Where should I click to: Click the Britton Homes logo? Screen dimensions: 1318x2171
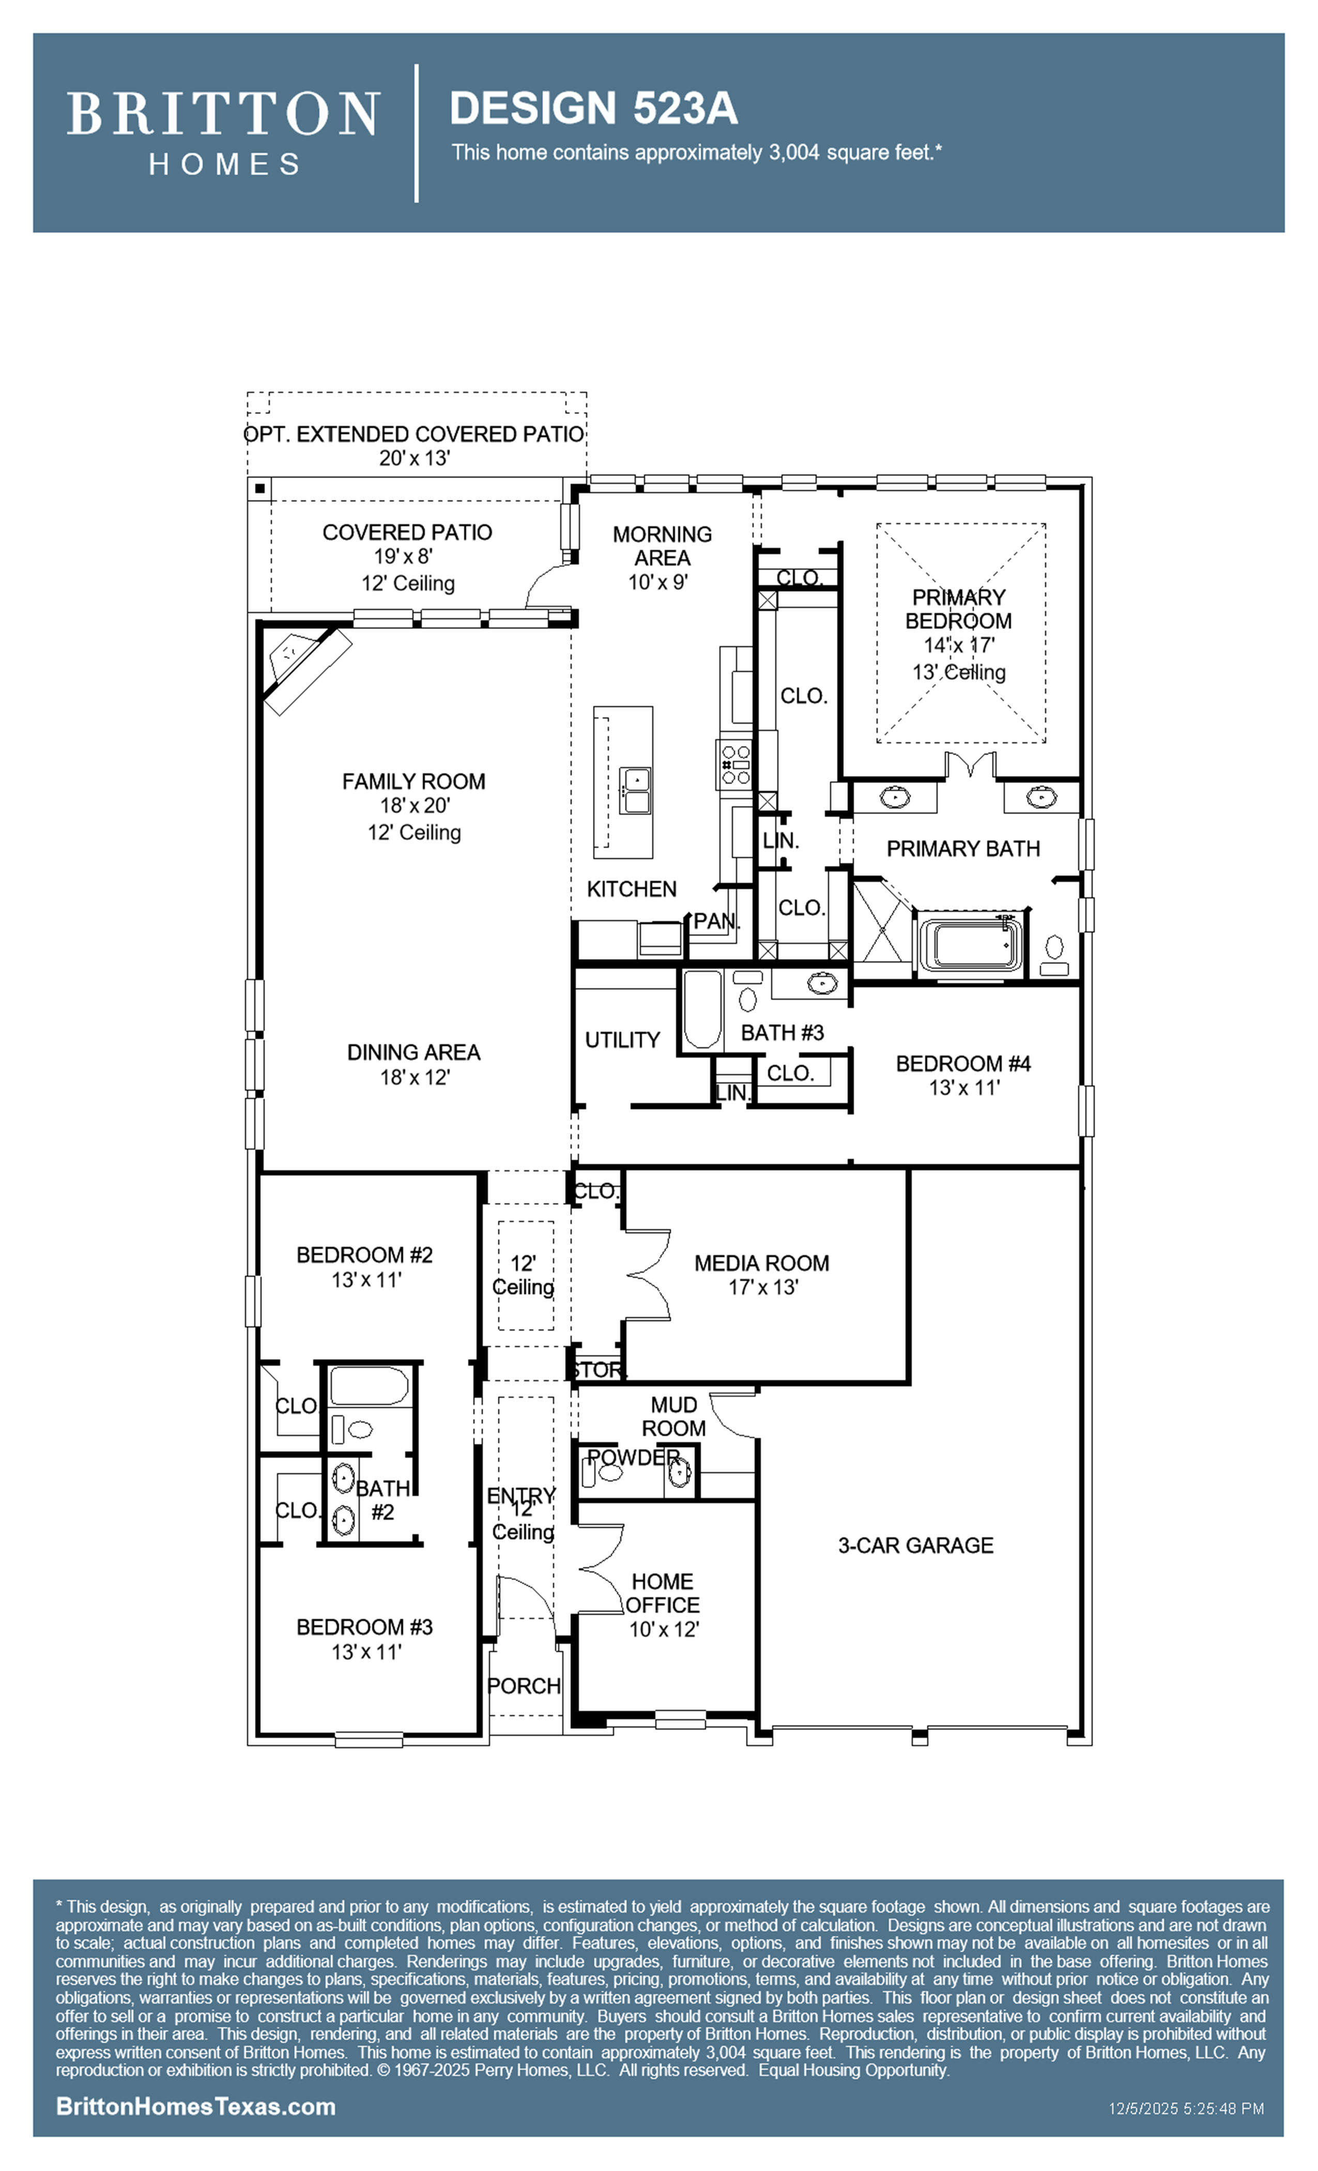pos(223,132)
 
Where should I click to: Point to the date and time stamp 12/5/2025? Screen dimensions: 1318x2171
pos(1186,2108)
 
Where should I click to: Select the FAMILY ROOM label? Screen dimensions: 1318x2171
pos(413,782)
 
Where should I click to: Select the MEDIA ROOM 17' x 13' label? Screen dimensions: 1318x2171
pos(762,1274)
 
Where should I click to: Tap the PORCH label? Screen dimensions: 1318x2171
pos(524,1686)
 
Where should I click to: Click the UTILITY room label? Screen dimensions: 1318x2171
pos(622,1039)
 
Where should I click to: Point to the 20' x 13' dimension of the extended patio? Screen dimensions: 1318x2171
pos(414,458)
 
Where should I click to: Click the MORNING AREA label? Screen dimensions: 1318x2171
pos(663,546)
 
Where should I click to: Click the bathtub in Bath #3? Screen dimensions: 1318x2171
pos(702,1009)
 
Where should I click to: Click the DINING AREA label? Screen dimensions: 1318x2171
pos(413,1052)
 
